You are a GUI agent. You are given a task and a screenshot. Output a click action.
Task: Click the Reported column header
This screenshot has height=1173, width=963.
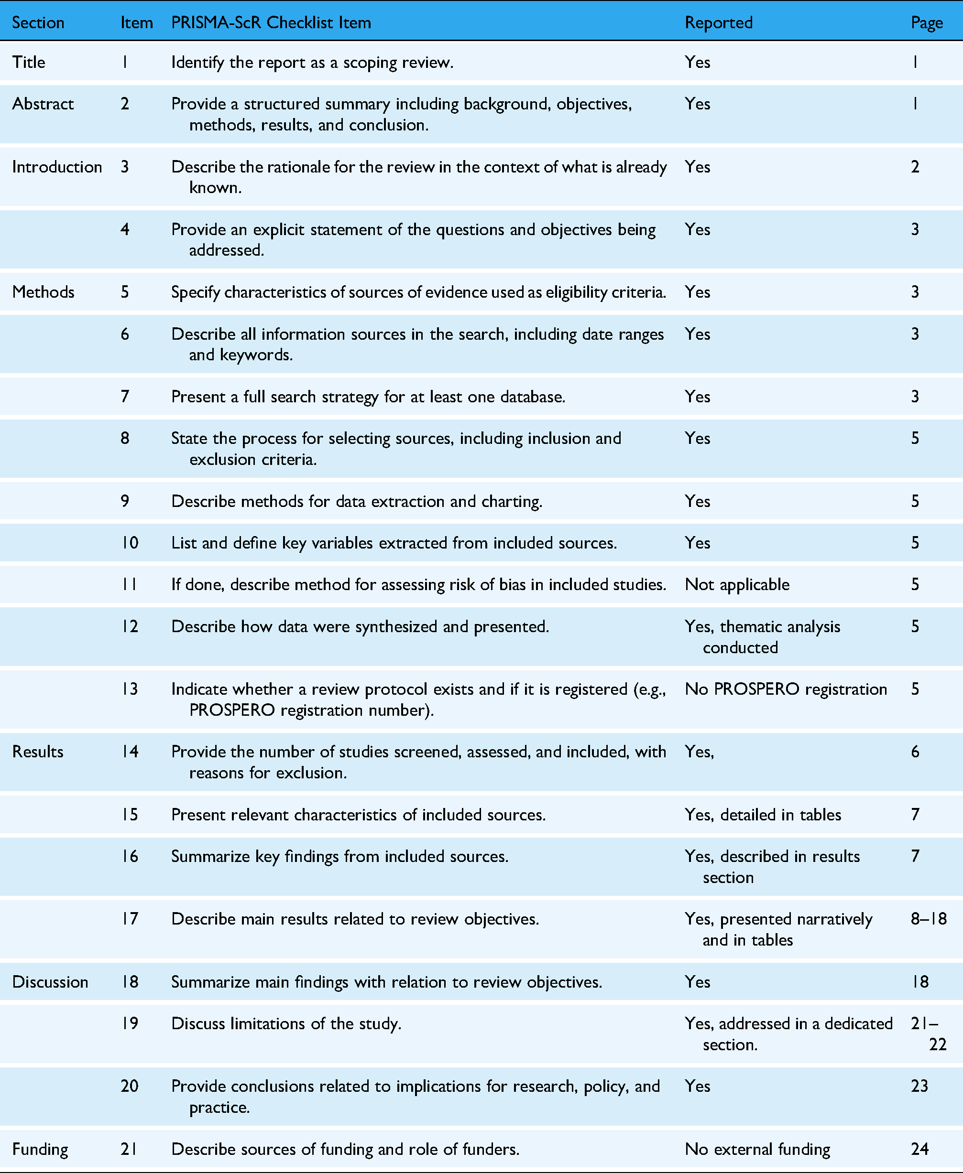point(718,23)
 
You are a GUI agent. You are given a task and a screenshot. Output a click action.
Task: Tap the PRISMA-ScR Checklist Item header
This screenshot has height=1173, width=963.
point(271,23)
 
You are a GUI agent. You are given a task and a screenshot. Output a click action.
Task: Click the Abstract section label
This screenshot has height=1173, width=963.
point(43,104)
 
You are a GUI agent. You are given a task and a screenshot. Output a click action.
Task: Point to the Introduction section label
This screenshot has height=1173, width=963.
point(56,167)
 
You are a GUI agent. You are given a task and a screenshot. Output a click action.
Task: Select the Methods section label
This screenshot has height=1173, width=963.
point(43,292)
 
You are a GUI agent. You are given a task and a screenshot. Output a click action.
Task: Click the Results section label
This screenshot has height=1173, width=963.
point(38,752)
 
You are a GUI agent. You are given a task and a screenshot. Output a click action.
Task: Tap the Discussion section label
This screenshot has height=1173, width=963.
point(50,982)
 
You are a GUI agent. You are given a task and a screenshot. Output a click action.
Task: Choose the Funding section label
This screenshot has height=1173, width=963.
point(40,1149)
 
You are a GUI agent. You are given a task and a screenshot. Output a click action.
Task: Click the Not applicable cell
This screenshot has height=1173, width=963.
point(737,584)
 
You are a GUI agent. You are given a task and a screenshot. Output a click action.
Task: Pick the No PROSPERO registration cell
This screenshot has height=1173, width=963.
point(786,689)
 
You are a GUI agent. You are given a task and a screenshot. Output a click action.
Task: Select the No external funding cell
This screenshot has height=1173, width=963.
point(757,1149)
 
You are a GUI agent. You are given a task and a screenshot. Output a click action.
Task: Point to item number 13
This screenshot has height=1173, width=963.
point(130,689)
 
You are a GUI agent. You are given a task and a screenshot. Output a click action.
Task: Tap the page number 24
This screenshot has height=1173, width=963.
point(919,1149)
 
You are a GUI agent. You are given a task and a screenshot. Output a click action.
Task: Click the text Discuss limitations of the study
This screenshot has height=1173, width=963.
point(285,1023)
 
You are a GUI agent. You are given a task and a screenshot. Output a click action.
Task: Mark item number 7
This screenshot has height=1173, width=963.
point(125,397)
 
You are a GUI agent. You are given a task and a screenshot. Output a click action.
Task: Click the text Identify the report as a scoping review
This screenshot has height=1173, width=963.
point(312,62)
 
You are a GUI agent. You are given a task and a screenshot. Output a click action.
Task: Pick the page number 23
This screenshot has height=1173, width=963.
point(919,1086)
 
